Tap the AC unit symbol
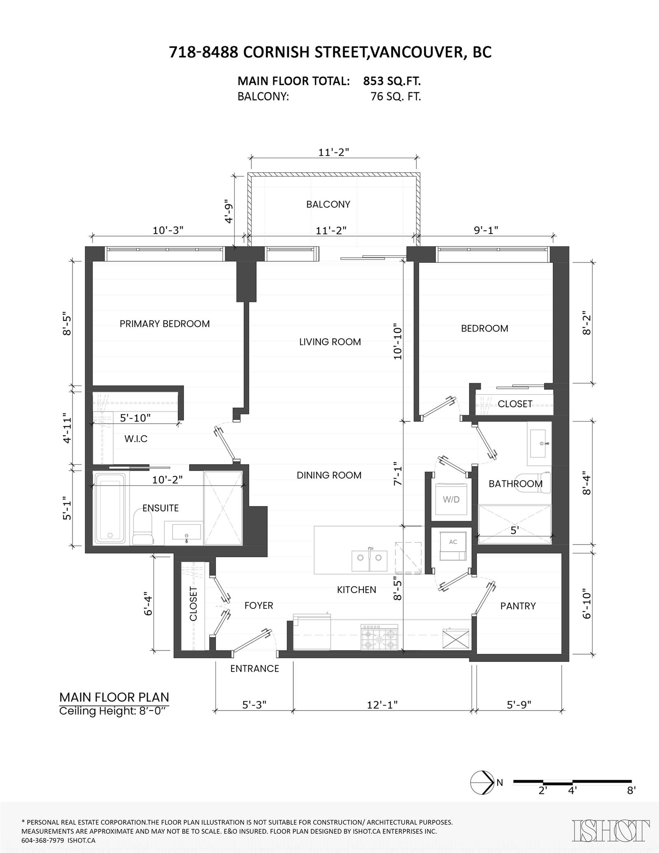(453, 546)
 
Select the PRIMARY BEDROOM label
(165, 324)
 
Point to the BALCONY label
(328, 204)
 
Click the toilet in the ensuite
(143, 527)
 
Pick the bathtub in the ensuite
(110, 508)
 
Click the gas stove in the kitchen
(380, 637)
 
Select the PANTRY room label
(518, 606)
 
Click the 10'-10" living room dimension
(397, 341)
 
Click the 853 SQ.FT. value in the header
(392, 81)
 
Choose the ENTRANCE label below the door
(255, 668)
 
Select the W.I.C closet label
(136, 439)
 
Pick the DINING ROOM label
(329, 475)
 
